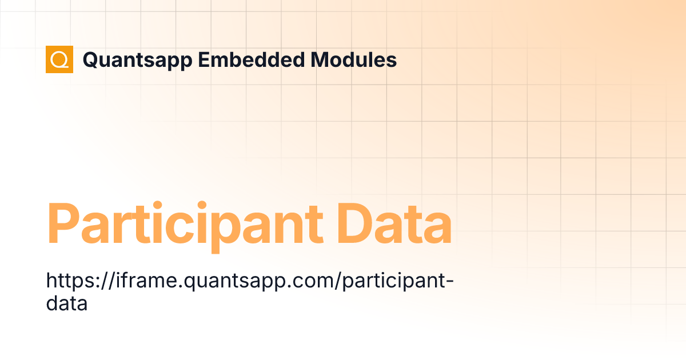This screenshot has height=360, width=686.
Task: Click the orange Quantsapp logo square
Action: pos(59,59)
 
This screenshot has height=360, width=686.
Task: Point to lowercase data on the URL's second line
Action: pos(66,303)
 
